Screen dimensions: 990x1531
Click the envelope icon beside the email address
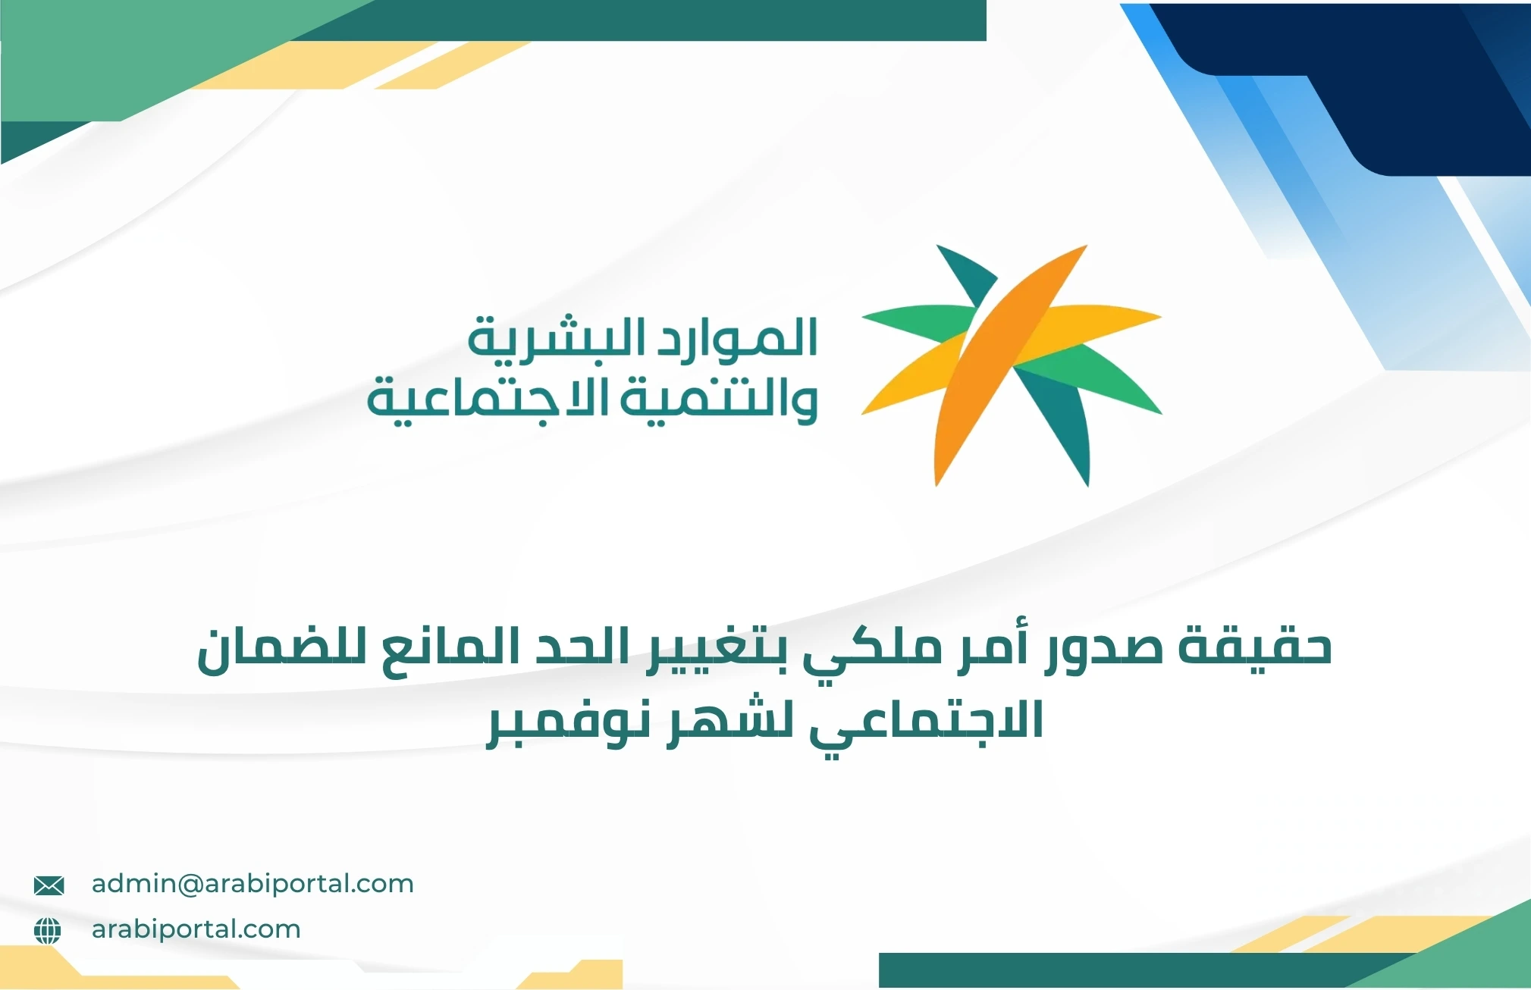click(49, 885)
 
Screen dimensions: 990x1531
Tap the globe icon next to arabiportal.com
click(48, 930)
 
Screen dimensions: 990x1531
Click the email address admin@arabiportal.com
click(253, 884)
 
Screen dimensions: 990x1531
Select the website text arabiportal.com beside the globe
click(196, 929)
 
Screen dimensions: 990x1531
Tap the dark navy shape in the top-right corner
click(1403, 91)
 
